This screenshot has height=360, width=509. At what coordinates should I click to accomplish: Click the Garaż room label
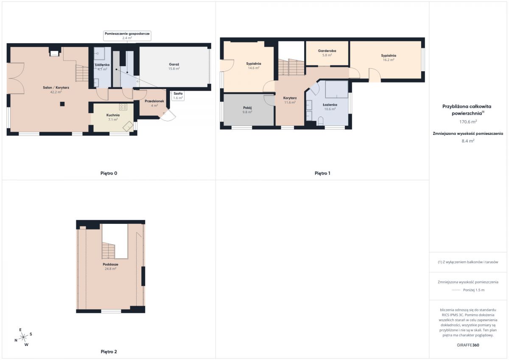(174, 64)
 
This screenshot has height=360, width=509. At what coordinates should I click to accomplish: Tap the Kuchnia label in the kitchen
(113, 115)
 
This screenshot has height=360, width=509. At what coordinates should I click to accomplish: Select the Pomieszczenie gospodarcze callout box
(127, 36)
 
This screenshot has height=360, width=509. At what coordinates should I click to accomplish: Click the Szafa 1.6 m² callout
(178, 96)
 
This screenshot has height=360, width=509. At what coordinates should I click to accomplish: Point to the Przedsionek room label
(154, 101)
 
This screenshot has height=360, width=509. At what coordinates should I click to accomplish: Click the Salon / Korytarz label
(56, 87)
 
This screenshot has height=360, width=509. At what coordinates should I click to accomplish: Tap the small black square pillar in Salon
(62, 104)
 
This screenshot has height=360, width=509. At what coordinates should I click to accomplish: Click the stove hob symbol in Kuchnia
(123, 107)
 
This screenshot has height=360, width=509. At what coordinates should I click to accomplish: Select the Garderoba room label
(327, 51)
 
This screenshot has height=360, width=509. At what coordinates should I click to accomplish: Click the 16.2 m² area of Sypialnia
(389, 60)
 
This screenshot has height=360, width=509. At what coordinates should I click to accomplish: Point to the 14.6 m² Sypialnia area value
(254, 68)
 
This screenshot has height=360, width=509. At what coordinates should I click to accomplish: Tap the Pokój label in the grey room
(247, 108)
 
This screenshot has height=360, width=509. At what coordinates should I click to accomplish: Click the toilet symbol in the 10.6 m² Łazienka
(320, 121)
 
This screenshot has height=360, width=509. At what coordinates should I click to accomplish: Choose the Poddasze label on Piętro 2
(110, 264)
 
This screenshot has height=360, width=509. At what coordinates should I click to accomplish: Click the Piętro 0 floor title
(109, 173)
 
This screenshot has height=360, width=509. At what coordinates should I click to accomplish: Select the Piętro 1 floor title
(322, 173)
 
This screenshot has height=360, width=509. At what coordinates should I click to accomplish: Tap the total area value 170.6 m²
(468, 122)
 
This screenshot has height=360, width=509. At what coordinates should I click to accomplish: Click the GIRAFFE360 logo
(468, 345)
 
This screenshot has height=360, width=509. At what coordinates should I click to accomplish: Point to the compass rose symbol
(23, 337)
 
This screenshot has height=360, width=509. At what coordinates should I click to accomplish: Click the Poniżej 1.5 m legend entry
(474, 290)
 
